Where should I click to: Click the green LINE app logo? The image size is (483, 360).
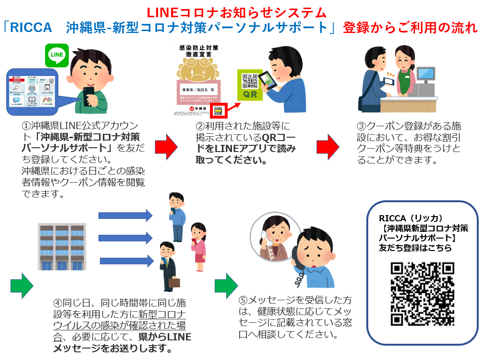tap(57, 55)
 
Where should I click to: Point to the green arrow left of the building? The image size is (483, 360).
tap(22, 285)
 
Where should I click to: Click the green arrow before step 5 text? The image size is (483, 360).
tap(226, 285)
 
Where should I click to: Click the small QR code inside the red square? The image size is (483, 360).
tap(218, 110)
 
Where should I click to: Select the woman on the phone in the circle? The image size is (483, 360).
tap(272, 239)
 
